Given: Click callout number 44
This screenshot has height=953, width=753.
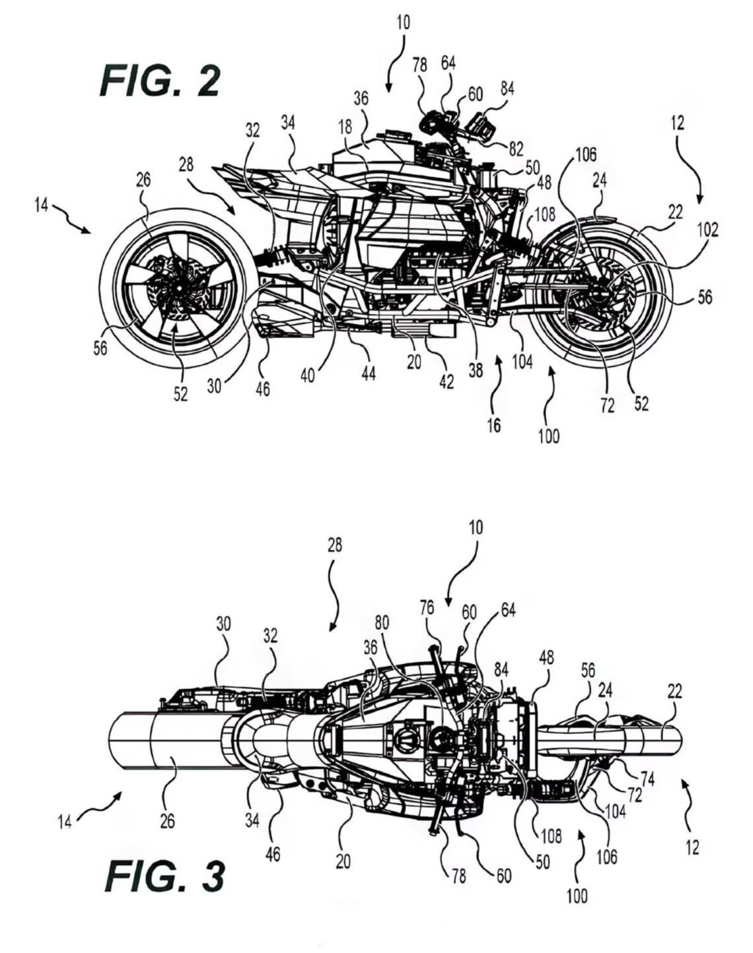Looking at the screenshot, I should [368, 373].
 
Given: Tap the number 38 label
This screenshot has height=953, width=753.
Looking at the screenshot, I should [476, 371].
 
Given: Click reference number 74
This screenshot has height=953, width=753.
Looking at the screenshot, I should [649, 779].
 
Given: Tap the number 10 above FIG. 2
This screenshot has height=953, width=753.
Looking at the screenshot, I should [402, 22].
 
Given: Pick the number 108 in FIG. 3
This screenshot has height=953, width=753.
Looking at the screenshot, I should [550, 836].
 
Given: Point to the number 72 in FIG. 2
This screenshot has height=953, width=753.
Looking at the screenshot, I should [607, 405].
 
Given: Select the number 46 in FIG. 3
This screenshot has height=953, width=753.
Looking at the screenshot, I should [272, 853].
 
